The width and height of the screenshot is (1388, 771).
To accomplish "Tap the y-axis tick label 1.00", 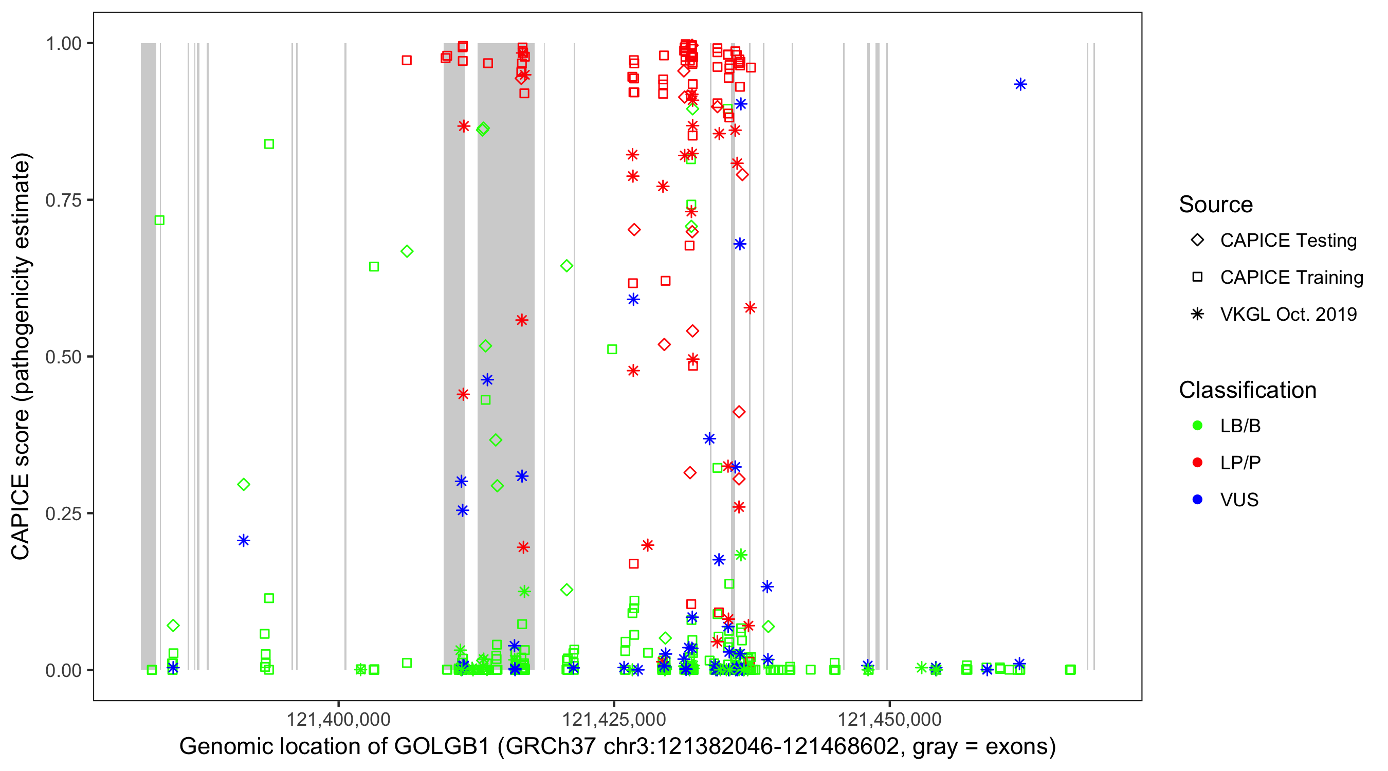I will (x=63, y=44).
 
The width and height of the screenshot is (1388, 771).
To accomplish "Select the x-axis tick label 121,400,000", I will (x=338, y=720).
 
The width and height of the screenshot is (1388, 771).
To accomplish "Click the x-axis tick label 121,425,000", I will (x=614, y=720).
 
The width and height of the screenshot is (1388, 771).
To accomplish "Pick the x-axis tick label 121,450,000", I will (x=889, y=720).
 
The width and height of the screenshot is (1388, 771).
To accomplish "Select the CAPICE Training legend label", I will (x=1291, y=278).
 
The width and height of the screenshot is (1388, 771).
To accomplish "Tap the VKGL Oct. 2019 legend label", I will (x=1288, y=315).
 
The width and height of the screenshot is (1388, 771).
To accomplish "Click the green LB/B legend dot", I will (x=1197, y=426).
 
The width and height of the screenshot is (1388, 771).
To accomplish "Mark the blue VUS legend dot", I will (x=1197, y=500).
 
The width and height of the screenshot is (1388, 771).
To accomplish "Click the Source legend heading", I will (x=1216, y=205).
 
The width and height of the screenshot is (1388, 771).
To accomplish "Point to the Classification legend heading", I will (x=1247, y=390).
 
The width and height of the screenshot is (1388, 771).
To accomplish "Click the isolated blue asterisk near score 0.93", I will (x=1020, y=85).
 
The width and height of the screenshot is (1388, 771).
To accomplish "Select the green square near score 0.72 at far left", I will (x=159, y=221).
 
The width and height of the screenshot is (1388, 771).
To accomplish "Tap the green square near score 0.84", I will (x=269, y=144).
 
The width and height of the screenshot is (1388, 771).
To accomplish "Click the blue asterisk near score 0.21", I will (x=244, y=541).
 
